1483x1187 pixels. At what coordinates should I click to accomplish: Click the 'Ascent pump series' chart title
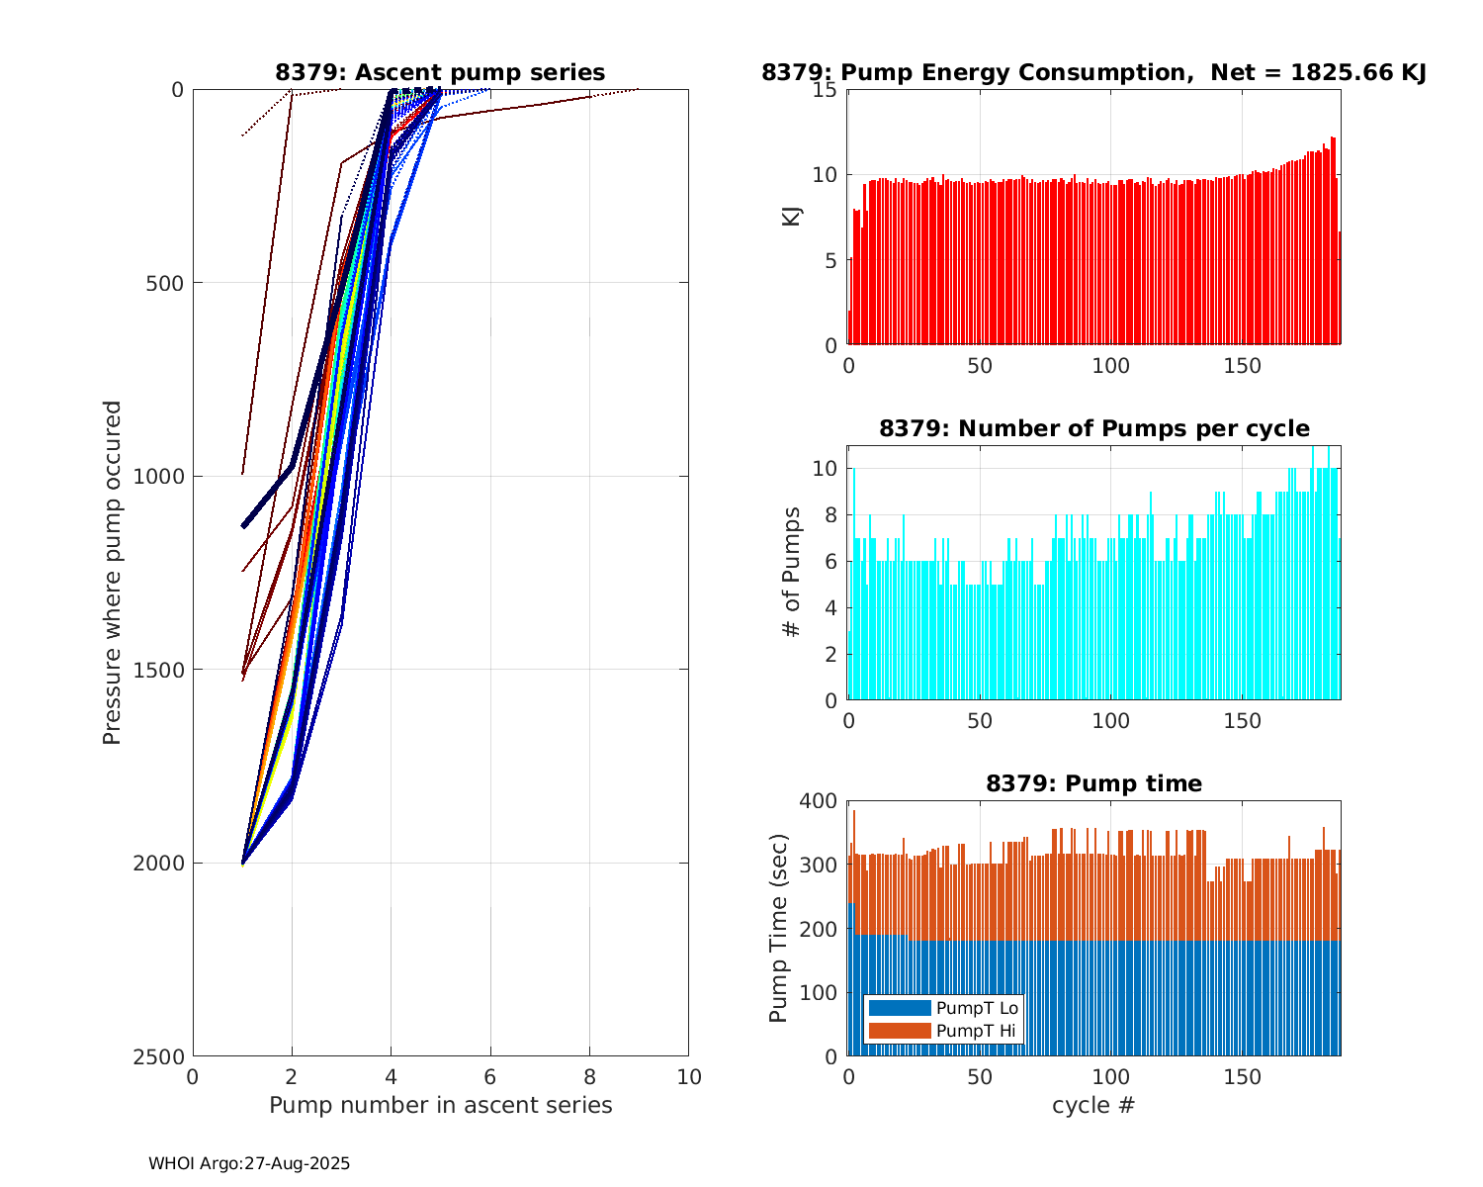click(x=440, y=72)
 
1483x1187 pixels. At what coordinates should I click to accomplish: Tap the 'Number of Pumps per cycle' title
click(x=1093, y=428)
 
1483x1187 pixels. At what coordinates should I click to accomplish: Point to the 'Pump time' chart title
click(x=1093, y=783)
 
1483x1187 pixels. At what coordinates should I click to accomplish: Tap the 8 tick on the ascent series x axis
click(x=589, y=1076)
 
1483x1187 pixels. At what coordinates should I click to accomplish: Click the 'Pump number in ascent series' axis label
click(x=440, y=1105)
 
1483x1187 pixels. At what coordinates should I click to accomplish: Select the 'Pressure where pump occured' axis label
click(x=112, y=573)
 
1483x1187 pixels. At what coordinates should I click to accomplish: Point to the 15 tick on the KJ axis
click(x=826, y=90)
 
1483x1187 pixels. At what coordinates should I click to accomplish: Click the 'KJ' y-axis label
click(x=791, y=217)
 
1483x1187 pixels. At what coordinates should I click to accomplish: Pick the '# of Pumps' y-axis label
click(x=791, y=573)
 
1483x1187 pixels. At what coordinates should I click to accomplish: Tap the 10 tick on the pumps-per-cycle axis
click(x=826, y=468)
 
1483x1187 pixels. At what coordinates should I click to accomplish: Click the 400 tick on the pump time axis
click(x=818, y=801)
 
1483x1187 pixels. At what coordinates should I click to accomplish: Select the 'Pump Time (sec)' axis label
click(x=778, y=929)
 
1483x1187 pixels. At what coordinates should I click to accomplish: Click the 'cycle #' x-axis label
click(x=1093, y=1105)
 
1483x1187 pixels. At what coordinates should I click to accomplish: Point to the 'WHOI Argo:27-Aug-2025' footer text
click(x=249, y=1163)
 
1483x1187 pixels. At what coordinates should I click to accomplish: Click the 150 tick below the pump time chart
click(x=1243, y=1076)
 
